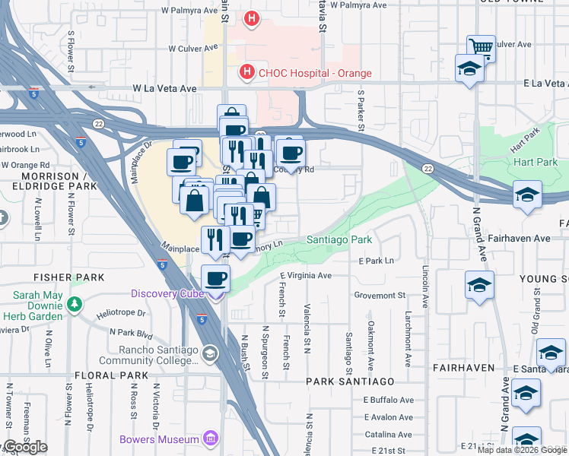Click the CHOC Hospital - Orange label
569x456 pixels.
tap(314, 74)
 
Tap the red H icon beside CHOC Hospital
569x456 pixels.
tap(246, 73)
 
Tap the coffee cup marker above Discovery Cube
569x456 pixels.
tap(216, 279)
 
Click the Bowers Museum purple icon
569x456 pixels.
tap(211, 439)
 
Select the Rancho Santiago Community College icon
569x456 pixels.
tap(211, 354)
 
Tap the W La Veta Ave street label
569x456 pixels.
tap(166, 89)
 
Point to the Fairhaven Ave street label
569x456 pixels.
tap(520, 238)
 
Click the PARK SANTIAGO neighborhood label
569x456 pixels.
tap(350, 381)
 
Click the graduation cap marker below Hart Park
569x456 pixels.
tap(527, 195)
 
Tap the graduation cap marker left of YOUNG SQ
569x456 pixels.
tap(479, 286)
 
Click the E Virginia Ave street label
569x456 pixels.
tap(306, 275)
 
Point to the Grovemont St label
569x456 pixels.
tap(380, 295)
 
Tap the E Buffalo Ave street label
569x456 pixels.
tap(388, 400)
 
